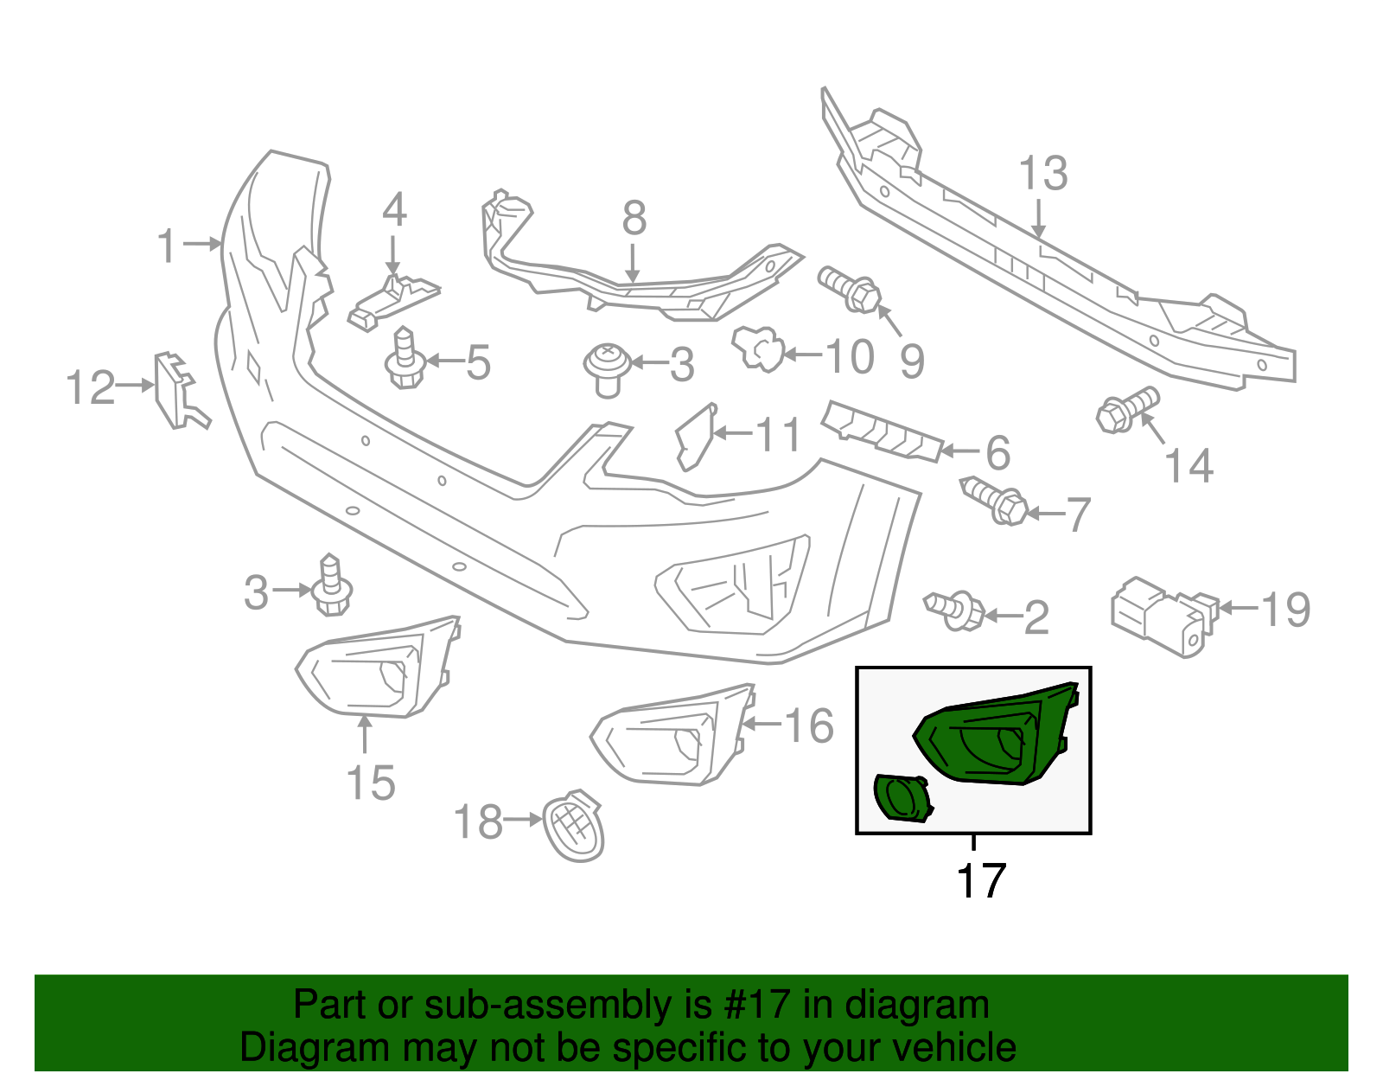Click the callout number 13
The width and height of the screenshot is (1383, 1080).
[1043, 175]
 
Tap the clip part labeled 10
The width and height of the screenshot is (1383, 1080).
[758, 348]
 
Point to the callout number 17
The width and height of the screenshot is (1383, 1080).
[981, 881]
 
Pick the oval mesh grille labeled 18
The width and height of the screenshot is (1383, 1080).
[574, 827]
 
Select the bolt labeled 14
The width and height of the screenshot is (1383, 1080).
[1125, 411]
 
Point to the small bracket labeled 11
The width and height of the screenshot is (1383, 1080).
[696, 436]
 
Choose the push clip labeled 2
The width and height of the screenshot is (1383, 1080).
[956, 610]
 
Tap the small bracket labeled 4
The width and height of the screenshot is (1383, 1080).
[393, 299]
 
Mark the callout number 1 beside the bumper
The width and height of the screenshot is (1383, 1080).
[168, 246]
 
